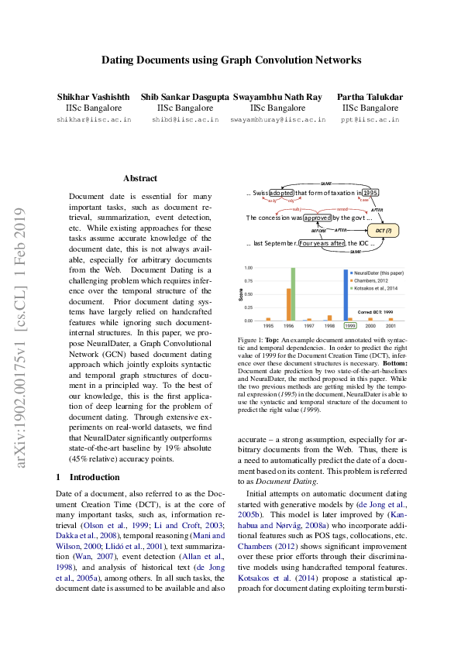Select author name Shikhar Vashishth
89,97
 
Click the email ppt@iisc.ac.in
370,120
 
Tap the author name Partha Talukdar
370,97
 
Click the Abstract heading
140,178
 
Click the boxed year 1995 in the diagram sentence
370,193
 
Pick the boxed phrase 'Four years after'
322,243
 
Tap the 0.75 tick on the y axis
249,281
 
